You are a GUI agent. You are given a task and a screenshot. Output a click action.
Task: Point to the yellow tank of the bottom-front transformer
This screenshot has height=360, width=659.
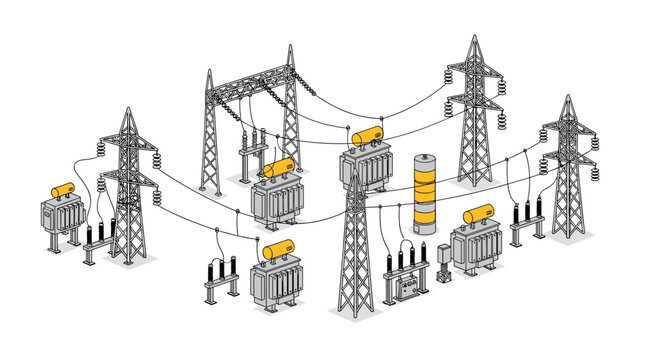click(277, 250)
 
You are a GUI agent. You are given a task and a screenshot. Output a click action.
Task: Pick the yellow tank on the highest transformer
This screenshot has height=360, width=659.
click(366, 134)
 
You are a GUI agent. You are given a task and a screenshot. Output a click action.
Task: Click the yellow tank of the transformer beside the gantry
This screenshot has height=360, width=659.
click(279, 167)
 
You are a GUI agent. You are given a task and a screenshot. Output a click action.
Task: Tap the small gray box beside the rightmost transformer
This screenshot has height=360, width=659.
click(444, 259)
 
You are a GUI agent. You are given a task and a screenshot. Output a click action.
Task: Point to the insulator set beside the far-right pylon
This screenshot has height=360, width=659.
click(525, 219)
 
